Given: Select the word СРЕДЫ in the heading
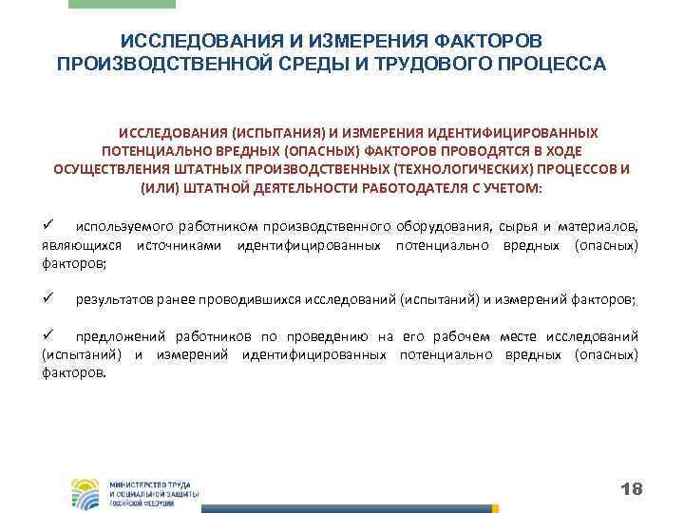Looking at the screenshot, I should coord(282,65).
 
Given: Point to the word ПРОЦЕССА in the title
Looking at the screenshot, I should coord(554,65).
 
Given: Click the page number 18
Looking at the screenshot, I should coord(631,489).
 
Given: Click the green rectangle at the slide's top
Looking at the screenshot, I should coord(123,4).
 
